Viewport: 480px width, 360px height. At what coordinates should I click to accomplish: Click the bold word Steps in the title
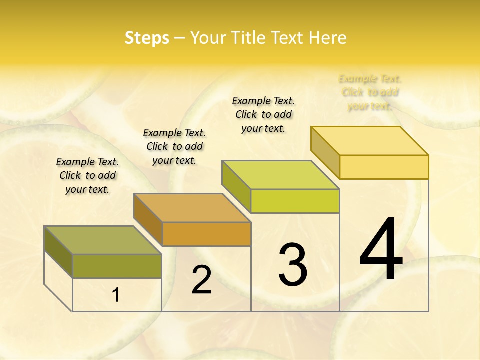click(147, 38)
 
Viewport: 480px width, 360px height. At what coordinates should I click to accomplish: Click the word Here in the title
click(327, 38)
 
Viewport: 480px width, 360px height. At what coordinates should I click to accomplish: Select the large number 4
click(381, 250)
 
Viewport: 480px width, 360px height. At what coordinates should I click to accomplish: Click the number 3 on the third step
click(293, 265)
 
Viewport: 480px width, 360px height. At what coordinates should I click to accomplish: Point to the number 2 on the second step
click(202, 280)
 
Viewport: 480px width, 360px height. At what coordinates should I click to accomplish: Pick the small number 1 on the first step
click(116, 295)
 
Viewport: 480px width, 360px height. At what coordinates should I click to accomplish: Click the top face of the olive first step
click(102, 240)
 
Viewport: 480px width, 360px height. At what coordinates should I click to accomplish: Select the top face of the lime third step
click(280, 175)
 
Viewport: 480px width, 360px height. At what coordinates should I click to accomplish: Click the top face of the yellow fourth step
click(369, 141)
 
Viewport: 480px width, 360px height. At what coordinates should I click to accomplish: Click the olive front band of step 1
click(117, 266)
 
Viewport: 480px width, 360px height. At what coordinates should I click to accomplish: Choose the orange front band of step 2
click(206, 234)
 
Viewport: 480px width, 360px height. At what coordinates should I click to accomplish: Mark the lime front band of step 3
click(295, 201)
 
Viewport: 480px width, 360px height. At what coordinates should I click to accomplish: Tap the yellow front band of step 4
click(384, 167)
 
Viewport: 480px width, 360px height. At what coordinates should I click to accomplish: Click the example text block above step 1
click(87, 175)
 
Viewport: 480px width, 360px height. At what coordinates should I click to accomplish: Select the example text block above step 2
click(174, 146)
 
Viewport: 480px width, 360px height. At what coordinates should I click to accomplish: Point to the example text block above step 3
click(263, 114)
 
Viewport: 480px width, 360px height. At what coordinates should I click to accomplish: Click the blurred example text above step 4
click(370, 92)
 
